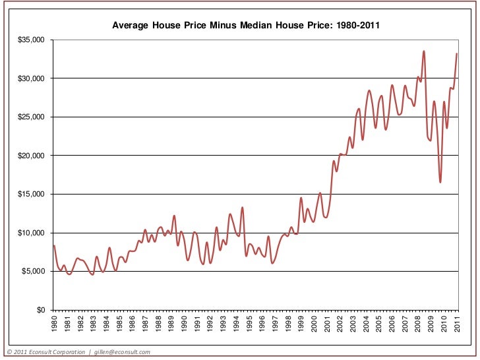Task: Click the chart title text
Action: coord(245,25)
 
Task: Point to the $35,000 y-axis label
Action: coord(31,40)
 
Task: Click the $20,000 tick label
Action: coord(31,156)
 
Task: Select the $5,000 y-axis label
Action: coord(33,272)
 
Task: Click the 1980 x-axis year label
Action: coord(54,324)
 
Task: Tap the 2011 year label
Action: coord(457,324)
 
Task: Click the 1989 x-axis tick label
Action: coord(171,324)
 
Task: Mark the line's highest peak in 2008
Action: coord(424,51)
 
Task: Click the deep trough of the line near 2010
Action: coord(440,182)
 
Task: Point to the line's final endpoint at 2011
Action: coord(457,54)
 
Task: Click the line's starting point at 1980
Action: coord(53,245)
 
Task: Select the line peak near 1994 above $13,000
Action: coord(243,208)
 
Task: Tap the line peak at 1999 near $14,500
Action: coord(301,198)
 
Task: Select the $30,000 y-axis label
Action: coord(31,78)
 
